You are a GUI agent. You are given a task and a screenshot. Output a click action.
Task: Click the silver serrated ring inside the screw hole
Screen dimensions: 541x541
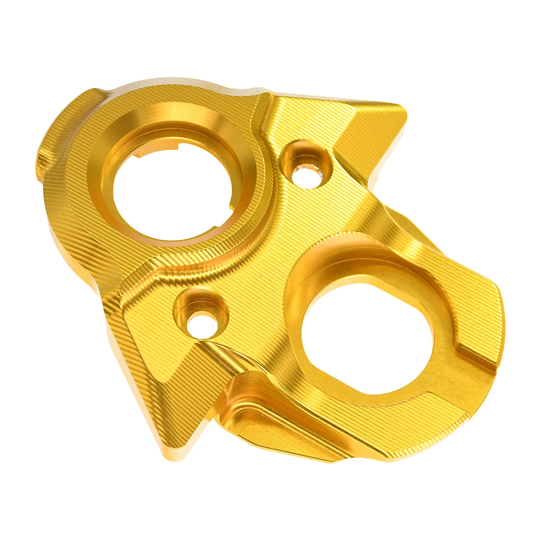[x=311, y=174]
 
